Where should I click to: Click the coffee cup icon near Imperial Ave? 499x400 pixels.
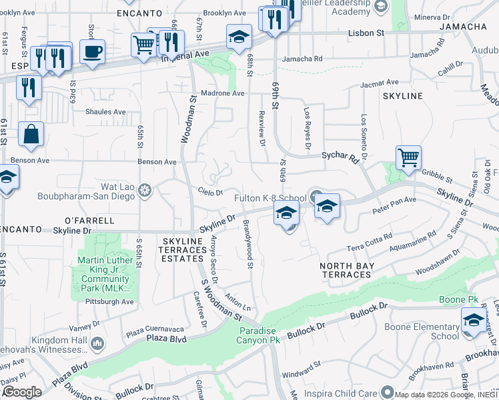92,51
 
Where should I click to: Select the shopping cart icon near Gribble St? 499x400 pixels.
408,157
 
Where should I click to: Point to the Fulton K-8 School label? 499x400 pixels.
270,198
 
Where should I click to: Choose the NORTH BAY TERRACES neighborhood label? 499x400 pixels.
346,270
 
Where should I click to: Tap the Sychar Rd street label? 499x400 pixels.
340,157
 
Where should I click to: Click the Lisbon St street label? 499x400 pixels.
367,32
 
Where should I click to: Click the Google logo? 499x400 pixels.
22,392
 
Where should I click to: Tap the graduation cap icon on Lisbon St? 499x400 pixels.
239,37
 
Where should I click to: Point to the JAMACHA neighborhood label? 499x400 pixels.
463,27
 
